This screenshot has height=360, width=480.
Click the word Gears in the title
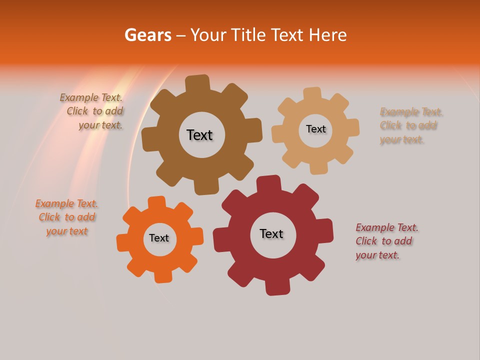pyautogui.click(x=147, y=35)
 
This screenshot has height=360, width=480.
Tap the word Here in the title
pyautogui.click(x=327, y=35)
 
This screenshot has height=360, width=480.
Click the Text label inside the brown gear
pyautogui.click(x=199, y=135)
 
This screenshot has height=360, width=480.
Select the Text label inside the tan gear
pyautogui.click(x=315, y=129)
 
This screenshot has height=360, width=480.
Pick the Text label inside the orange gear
pyautogui.click(x=159, y=238)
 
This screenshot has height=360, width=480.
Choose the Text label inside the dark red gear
pyautogui.click(x=271, y=233)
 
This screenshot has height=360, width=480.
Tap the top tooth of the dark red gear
pyautogui.click(x=268, y=184)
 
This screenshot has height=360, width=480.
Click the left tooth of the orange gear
pyautogui.click(x=123, y=243)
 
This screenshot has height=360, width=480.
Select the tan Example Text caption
pyautogui.click(x=410, y=125)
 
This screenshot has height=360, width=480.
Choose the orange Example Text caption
pyautogui.click(x=66, y=217)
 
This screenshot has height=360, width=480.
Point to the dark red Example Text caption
pyautogui.click(x=386, y=241)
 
